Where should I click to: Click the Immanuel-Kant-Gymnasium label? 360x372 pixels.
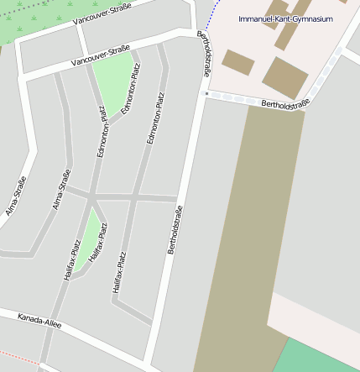(x=285, y=18)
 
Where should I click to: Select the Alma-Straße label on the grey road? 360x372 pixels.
(x=60, y=189)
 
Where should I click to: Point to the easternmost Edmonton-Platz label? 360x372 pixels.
(x=156, y=118)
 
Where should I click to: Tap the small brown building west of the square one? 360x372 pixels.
(x=237, y=61)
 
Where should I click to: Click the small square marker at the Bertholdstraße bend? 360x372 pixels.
(x=206, y=94)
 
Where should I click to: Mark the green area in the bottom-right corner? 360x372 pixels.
(x=319, y=355)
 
